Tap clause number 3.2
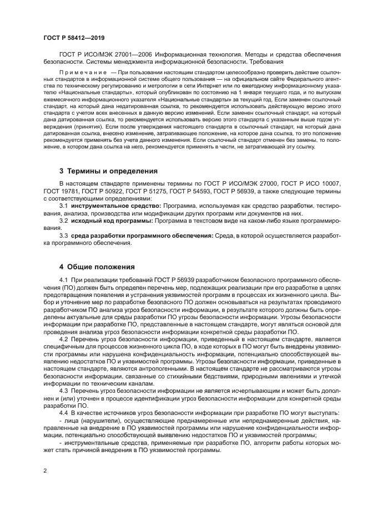64,220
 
